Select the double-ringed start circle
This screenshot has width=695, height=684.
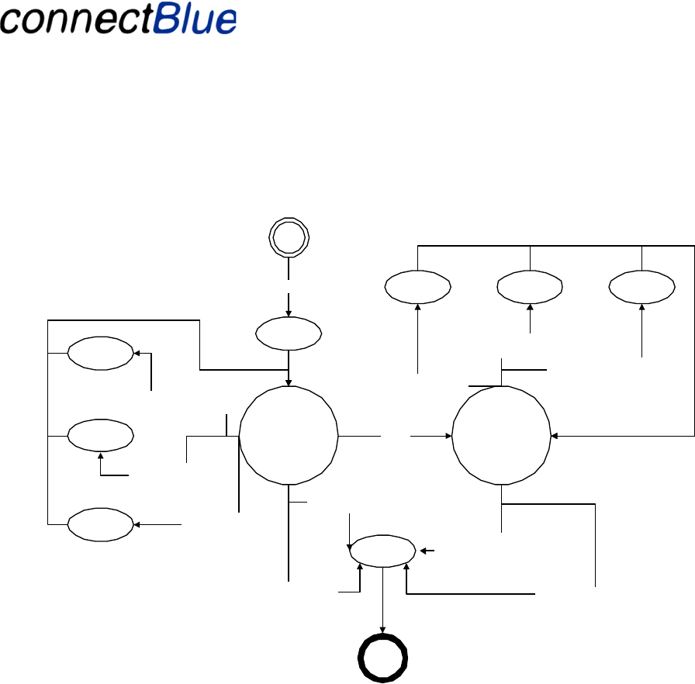click(289, 237)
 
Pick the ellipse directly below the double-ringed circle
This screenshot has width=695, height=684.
click(289, 333)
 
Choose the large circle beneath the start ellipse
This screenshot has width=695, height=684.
click(289, 437)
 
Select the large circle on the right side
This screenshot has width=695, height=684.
click(501, 437)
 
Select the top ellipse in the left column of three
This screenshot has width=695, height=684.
click(100, 353)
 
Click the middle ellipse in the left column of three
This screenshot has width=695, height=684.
click(100, 436)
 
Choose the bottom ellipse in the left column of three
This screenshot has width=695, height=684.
click(100, 524)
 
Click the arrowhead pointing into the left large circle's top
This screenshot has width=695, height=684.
click(289, 382)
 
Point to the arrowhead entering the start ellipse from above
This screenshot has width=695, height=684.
click(289, 313)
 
